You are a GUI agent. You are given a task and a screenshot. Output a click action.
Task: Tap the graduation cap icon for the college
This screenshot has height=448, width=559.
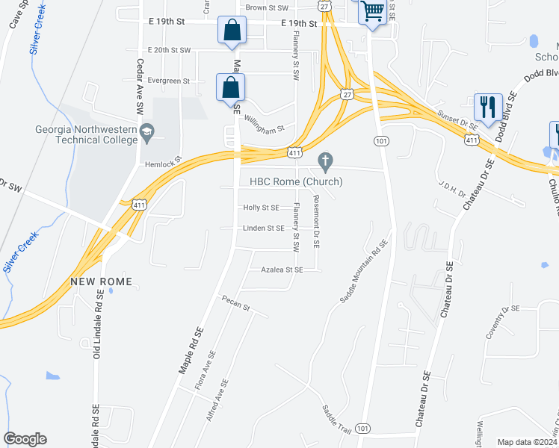point(148,131)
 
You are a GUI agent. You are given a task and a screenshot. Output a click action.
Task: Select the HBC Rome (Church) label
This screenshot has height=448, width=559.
point(291,181)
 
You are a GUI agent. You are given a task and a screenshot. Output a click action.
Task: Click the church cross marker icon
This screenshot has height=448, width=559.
point(324,161)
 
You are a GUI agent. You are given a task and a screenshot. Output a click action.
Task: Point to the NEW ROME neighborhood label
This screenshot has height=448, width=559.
point(102,281)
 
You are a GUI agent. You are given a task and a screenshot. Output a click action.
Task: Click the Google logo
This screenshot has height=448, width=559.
point(25,439)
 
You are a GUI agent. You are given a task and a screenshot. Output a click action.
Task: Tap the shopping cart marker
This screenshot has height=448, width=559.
point(371,13)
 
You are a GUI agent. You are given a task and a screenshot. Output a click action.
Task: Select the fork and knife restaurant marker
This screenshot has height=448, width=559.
point(488,107)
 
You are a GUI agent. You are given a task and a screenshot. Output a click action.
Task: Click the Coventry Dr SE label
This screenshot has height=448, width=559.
point(501,322)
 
